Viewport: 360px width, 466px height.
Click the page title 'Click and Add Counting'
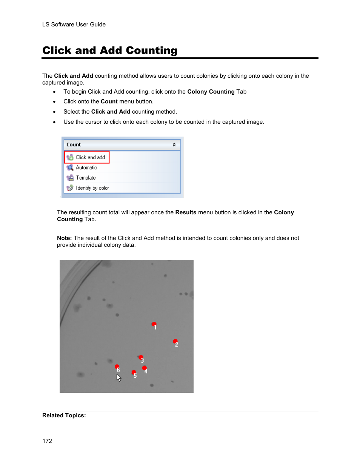coord(109,51)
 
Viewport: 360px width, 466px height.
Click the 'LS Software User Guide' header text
coord(74,25)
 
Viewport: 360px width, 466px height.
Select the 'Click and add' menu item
coord(90,157)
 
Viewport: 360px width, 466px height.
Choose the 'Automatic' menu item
coord(86,168)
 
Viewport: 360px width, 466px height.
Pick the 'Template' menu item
coord(86,178)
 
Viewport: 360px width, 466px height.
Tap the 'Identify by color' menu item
coord(92,188)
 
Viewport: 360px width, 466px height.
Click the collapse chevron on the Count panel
coord(174,145)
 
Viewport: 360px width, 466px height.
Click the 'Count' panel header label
coord(74,145)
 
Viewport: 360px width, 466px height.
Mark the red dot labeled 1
coord(154,324)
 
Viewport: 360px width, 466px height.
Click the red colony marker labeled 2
coord(175,341)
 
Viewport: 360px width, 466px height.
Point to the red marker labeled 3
coord(141,357)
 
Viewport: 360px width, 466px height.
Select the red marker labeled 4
coord(144,368)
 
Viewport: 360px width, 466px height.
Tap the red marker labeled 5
coord(134,373)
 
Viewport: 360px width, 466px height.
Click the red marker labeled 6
coord(117,367)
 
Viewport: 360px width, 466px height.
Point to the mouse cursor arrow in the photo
coord(118,378)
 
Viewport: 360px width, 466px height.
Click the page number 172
coord(47,441)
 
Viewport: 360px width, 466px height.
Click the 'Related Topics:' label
coord(64,415)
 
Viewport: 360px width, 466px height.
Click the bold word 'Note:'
coord(64,238)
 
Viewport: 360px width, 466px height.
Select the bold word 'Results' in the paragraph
coord(186,212)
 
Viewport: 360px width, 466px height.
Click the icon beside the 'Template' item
coord(70,178)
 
